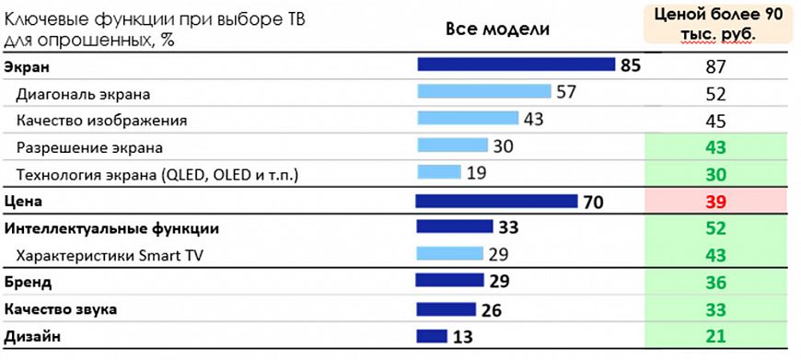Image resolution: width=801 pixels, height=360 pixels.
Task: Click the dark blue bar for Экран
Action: (516, 64)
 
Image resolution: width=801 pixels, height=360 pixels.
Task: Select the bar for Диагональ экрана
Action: (483, 91)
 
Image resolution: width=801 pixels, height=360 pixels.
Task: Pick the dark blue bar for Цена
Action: (496, 201)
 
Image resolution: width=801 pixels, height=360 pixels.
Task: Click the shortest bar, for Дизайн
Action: (432, 336)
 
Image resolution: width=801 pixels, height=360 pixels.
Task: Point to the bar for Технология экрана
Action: (438, 172)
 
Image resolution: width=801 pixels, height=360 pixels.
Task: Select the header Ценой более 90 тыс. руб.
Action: (717, 23)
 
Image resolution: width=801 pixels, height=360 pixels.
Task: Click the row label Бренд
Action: (29, 282)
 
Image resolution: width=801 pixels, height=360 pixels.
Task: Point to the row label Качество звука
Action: (61, 309)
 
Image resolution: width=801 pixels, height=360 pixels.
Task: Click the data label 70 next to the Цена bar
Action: (592, 202)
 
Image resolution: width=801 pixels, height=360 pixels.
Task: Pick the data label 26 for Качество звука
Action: (492, 310)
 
